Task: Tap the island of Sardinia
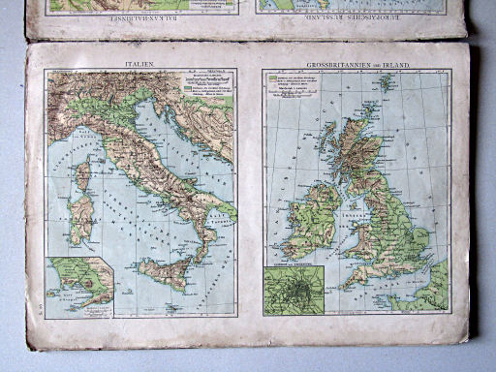81,219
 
